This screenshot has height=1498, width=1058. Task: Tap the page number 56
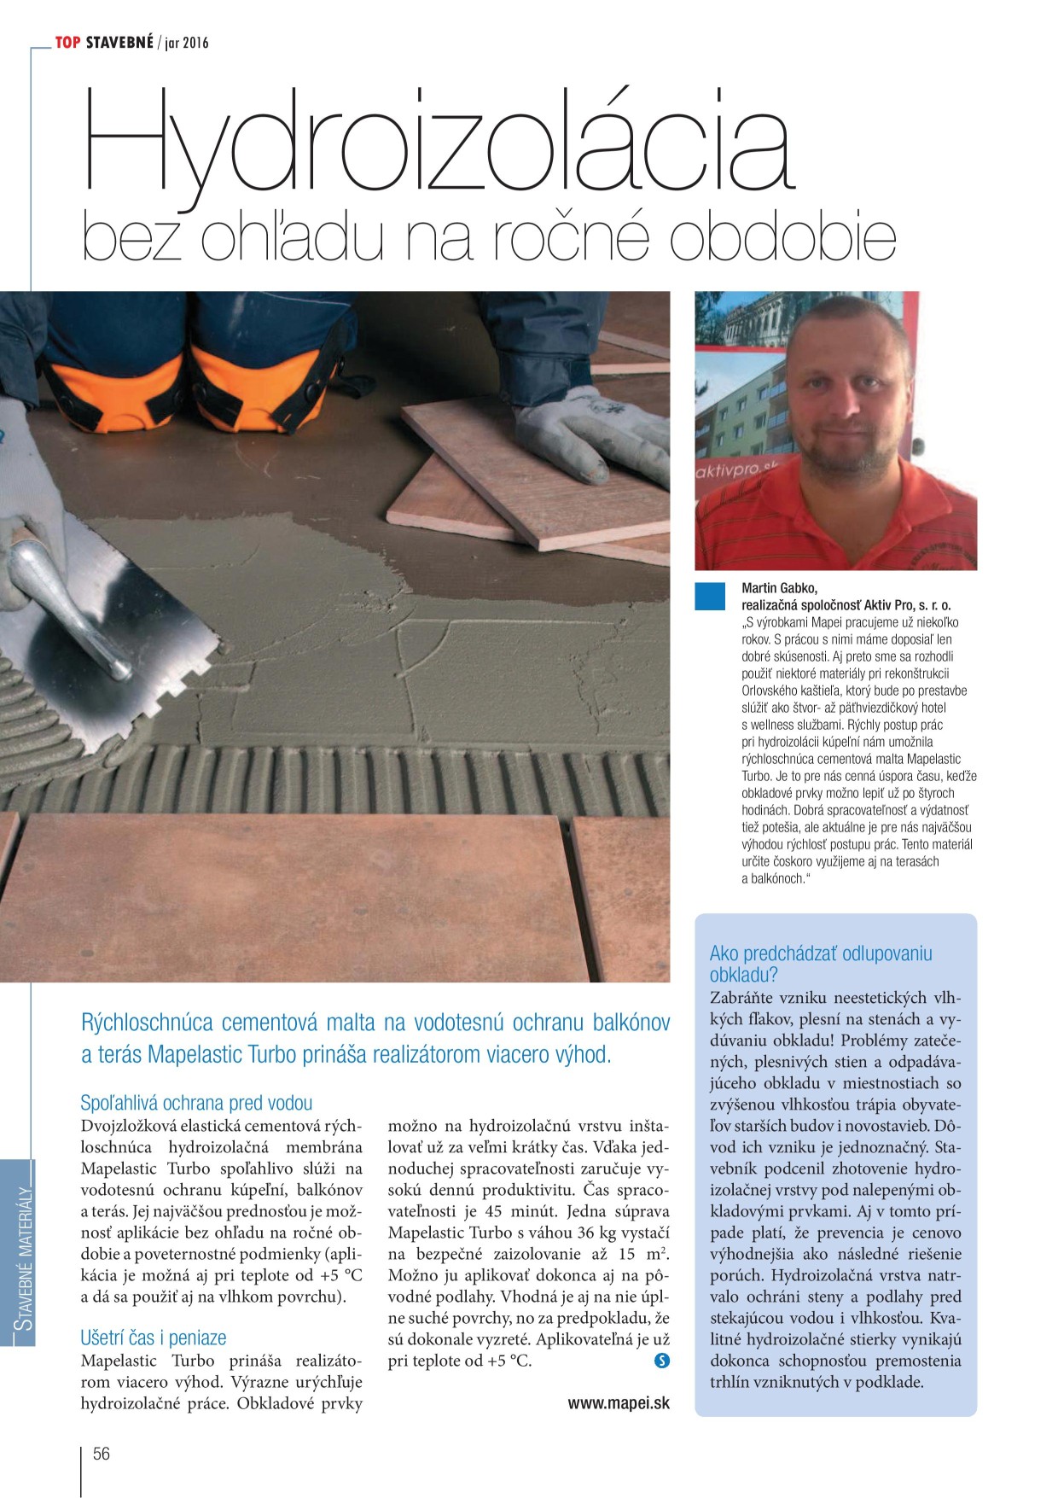tap(101, 1454)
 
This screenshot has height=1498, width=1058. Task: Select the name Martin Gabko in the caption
tap(779, 587)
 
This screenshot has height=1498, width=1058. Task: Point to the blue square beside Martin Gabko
tap(709, 596)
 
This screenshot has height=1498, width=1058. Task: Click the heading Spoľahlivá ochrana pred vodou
tap(196, 1103)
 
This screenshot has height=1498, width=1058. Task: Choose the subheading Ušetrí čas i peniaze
tap(154, 1338)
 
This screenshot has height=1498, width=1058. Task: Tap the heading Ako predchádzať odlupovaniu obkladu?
tap(820, 964)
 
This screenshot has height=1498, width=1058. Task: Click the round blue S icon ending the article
tap(661, 1361)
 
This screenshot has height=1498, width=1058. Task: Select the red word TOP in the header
tap(67, 42)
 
